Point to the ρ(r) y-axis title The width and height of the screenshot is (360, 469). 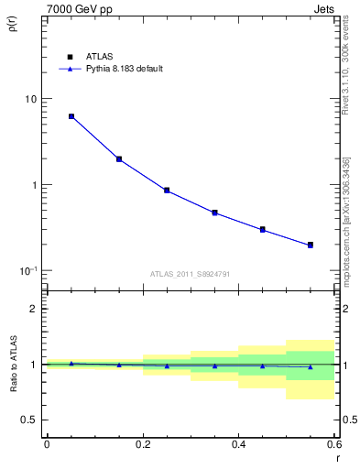[12, 24]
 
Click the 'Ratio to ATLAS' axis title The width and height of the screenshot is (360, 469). [12, 364]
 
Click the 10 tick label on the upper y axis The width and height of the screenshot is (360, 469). [31, 99]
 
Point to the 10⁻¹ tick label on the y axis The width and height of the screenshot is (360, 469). [28, 270]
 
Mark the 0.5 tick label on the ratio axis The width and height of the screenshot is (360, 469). [30, 420]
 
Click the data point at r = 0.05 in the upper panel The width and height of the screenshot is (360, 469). [71, 116]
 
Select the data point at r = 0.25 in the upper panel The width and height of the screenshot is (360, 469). [167, 191]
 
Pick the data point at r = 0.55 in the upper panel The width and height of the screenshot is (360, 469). [311, 245]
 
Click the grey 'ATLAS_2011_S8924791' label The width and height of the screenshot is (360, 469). [190, 273]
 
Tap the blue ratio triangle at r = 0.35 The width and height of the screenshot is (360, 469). [214, 366]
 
